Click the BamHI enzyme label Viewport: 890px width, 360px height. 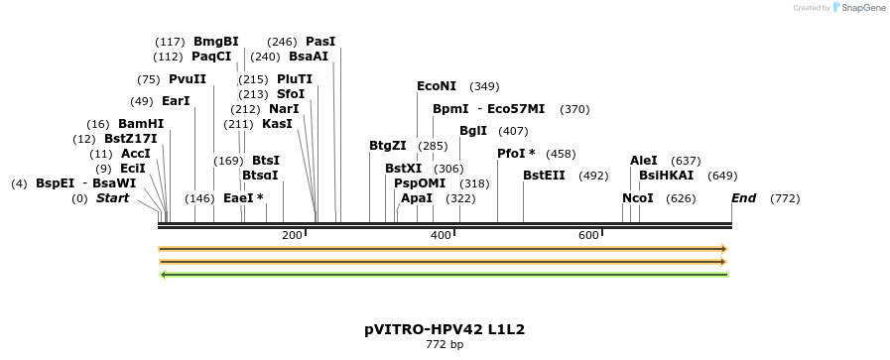(x=141, y=124)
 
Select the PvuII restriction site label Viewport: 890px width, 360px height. (x=188, y=79)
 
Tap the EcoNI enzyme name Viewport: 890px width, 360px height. (x=437, y=86)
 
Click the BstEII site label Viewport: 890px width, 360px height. (x=544, y=176)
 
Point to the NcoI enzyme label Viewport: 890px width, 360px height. (x=638, y=198)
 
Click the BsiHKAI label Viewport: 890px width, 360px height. (x=667, y=176)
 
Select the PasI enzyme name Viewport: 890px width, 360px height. (x=320, y=42)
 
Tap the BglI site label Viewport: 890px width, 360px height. (x=473, y=131)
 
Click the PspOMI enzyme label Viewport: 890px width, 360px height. (x=420, y=183)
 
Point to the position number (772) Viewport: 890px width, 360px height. (x=785, y=198)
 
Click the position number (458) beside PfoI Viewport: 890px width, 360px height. (x=561, y=154)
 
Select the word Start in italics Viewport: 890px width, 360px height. (x=112, y=198)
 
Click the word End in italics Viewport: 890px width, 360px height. (x=744, y=198)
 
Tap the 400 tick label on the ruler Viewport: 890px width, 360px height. (x=441, y=235)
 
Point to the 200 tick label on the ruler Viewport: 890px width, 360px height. (x=292, y=235)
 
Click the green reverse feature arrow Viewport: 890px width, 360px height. (x=444, y=275)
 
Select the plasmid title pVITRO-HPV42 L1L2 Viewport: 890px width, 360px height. (x=445, y=328)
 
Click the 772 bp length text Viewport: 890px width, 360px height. (x=445, y=345)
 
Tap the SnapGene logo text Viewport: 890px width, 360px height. (x=858, y=8)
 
